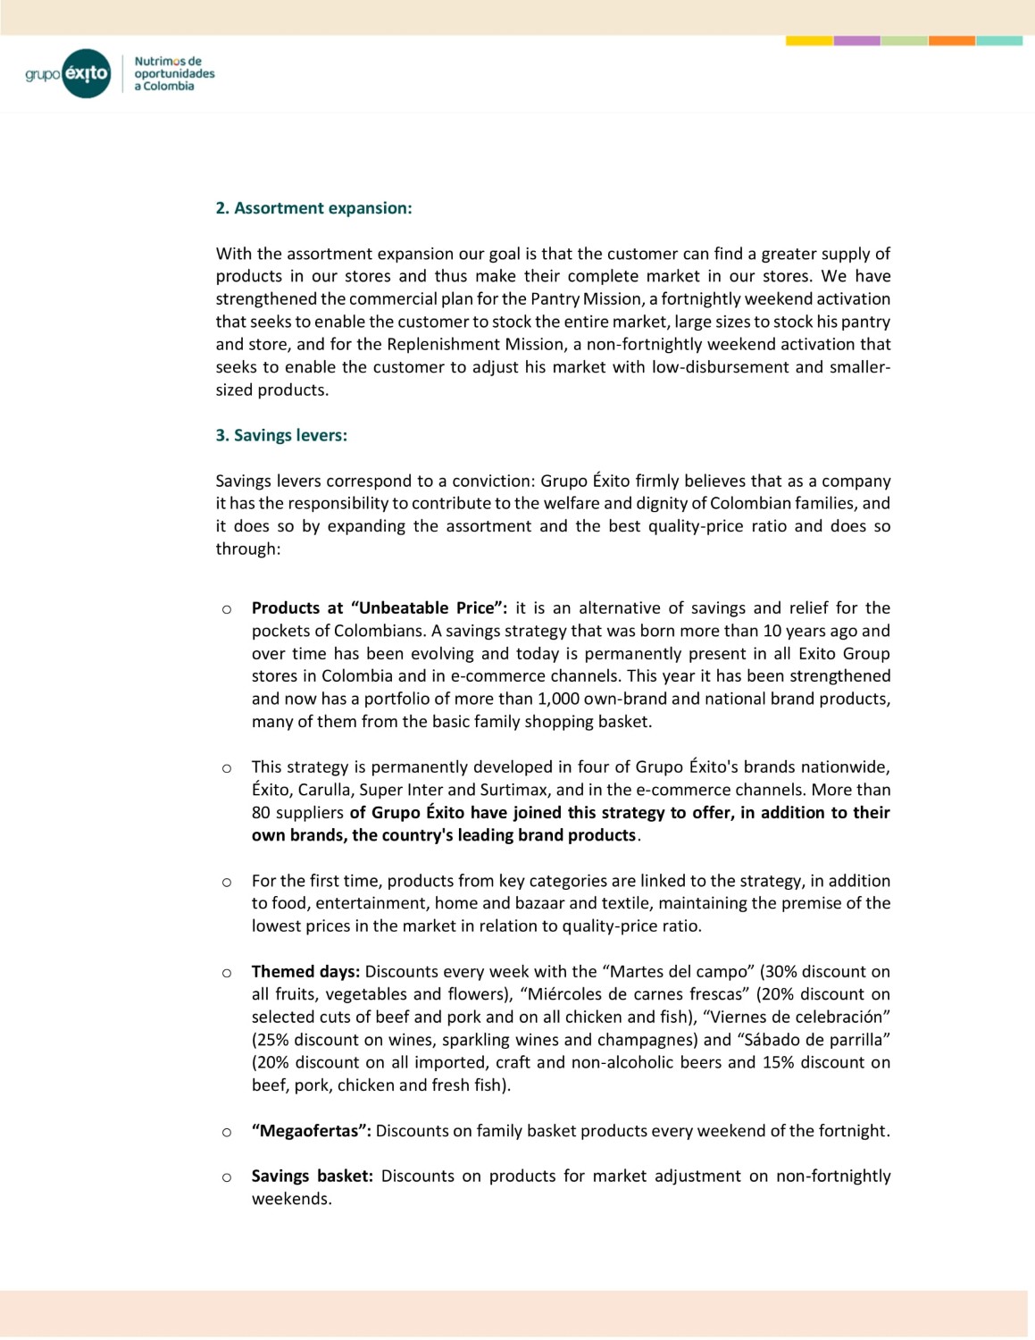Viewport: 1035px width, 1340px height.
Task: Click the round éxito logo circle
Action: pos(87,73)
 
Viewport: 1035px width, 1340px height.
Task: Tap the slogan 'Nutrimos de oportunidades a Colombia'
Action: pos(174,73)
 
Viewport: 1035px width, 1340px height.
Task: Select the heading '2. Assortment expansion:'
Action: pos(313,208)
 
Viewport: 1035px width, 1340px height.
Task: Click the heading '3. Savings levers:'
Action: pos(281,435)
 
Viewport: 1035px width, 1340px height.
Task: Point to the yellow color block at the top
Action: pos(809,40)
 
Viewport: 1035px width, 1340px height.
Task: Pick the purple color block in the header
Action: pos(856,40)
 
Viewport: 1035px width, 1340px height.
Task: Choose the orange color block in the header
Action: pos(951,40)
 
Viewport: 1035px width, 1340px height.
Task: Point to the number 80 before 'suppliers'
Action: pos(261,812)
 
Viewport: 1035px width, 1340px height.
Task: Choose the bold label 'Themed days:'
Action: pos(305,971)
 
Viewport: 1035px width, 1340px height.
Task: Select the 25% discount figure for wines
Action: pos(271,1039)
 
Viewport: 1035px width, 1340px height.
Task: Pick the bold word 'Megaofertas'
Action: pos(309,1130)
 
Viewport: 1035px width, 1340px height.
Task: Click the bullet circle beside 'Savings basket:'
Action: pos(227,1177)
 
